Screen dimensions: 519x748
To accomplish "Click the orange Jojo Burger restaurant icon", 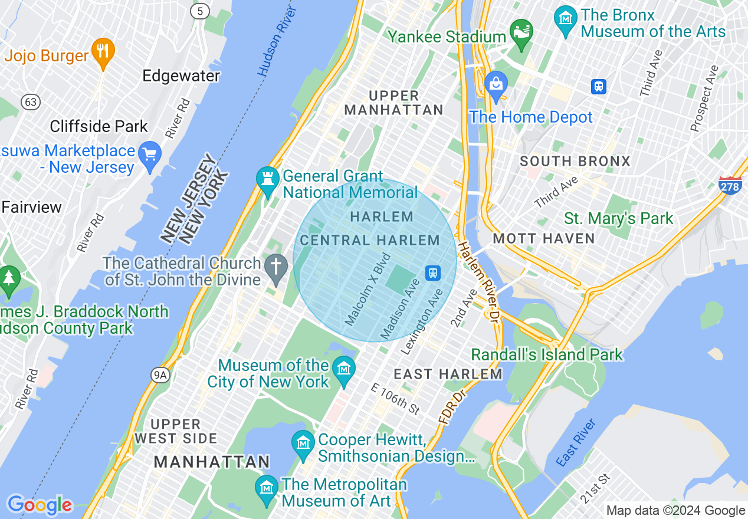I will (x=103, y=51).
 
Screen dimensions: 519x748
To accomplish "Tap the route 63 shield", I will (x=31, y=102).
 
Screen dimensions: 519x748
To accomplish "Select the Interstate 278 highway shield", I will (x=730, y=185).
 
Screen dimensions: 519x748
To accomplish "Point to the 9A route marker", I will (x=160, y=375).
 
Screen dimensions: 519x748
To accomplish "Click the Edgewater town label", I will (x=181, y=76).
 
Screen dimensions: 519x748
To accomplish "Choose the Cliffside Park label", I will (x=99, y=126).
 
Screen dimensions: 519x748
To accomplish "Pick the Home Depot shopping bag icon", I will (x=496, y=84).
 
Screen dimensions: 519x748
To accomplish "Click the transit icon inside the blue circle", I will (x=433, y=272).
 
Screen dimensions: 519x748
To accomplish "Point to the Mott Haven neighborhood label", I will (x=544, y=238).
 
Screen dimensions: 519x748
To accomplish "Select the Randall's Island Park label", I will (x=547, y=354).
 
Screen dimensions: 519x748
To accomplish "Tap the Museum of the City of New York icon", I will (x=343, y=369).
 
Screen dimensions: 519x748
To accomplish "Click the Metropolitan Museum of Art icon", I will (x=267, y=488).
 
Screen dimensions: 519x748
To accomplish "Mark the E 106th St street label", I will (x=396, y=399).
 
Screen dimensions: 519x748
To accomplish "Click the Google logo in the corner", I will (x=40, y=505).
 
